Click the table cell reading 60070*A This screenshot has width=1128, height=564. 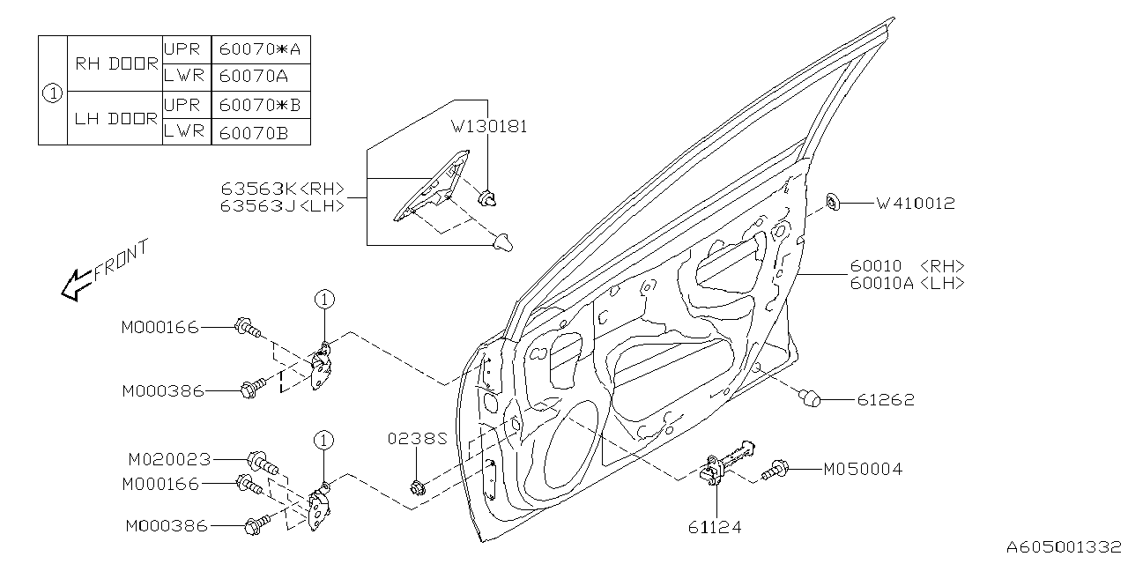(x=261, y=49)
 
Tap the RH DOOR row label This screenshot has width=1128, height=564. (x=115, y=63)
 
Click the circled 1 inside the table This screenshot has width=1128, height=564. (x=53, y=91)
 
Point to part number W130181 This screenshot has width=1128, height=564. (x=489, y=126)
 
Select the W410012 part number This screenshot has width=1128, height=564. (x=916, y=204)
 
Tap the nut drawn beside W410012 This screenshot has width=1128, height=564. (x=834, y=204)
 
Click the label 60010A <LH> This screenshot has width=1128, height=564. (x=907, y=283)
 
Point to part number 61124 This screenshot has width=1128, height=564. (x=715, y=527)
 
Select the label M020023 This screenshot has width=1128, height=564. (x=169, y=459)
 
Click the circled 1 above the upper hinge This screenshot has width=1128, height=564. (x=323, y=301)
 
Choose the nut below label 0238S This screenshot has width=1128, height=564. (x=417, y=486)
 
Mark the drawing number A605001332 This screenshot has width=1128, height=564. (x=1065, y=547)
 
